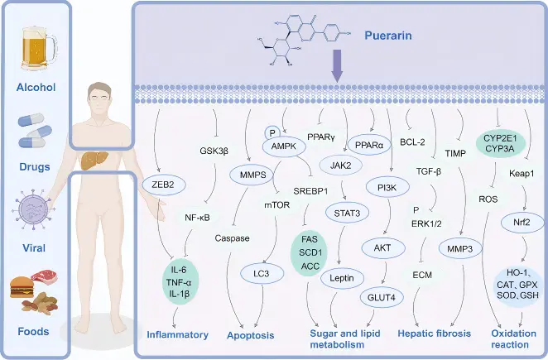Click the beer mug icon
(38, 49)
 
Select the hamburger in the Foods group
(22, 287)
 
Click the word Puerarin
(388, 36)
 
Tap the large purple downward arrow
(337, 65)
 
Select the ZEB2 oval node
(164, 185)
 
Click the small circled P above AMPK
(272, 133)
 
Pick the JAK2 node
(341, 166)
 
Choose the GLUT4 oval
(382, 297)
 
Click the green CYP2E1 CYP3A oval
(501, 144)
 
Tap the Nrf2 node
(522, 222)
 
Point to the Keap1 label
(522, 173)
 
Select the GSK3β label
(214, 151)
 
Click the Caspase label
(232, 238)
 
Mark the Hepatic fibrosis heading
(435, 334)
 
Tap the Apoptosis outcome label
(250, 335)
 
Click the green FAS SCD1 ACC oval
(310, 252)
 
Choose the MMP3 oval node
(460, 248)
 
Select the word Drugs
(35, 166)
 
